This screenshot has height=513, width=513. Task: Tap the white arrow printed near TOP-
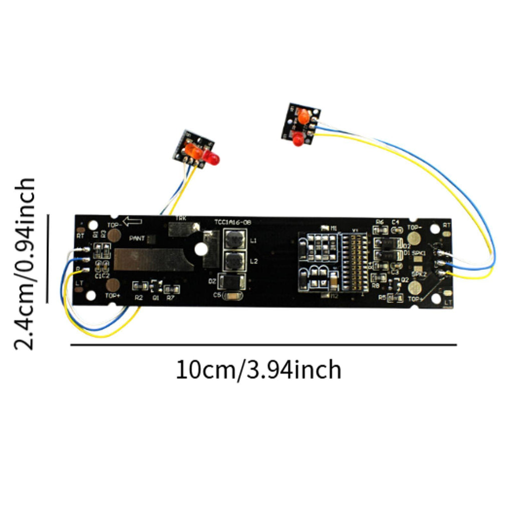click(133, 221)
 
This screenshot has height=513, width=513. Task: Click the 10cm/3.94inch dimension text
click(259, 370)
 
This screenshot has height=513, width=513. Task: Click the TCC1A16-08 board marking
click(233, 222)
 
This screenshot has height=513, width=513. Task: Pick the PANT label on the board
click(137, 238)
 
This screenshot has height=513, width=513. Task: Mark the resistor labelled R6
click(380, 230)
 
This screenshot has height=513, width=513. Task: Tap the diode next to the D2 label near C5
click(231, 282)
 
